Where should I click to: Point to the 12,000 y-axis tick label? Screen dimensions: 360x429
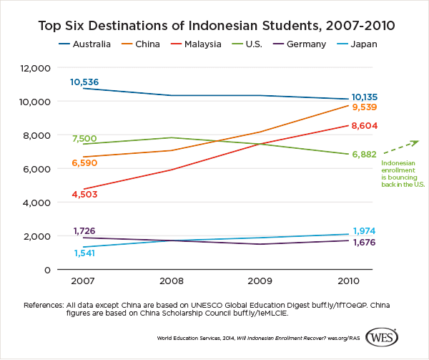tap(34, 68)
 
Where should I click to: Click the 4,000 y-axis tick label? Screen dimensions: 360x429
tap(36, 203)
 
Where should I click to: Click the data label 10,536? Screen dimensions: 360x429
tap(84, 82)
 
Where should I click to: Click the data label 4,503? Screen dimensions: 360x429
tap(84, 194)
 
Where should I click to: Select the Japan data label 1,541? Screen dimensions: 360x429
tap(84, 254)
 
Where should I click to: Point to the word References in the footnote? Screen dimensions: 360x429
tap(44, 303)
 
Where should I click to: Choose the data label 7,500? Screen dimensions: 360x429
tap(84, 138)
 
